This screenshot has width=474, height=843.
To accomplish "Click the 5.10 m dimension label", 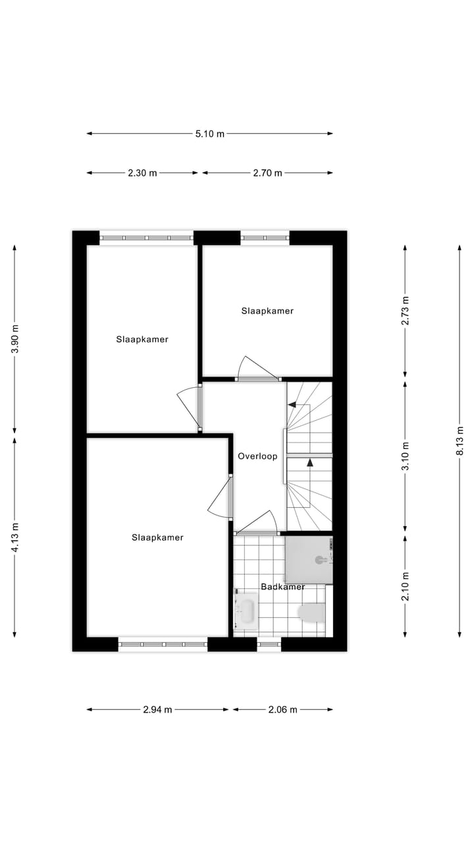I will [209, 134].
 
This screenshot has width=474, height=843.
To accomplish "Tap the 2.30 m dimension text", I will [142, 173].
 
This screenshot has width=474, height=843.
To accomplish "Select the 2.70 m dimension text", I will [267, 173].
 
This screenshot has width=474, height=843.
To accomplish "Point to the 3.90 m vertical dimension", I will [15, 339].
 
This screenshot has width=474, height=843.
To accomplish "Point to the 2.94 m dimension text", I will [157, 709].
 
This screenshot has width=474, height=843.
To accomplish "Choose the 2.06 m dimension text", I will [282, 709].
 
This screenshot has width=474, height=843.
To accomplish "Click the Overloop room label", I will [257, 456].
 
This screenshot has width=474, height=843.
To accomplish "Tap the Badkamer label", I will [282, 586].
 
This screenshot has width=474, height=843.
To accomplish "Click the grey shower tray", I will [308, 560].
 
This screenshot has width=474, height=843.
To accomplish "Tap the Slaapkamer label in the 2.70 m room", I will [267, 311].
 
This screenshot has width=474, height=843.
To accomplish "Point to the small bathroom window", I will [269, 643].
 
